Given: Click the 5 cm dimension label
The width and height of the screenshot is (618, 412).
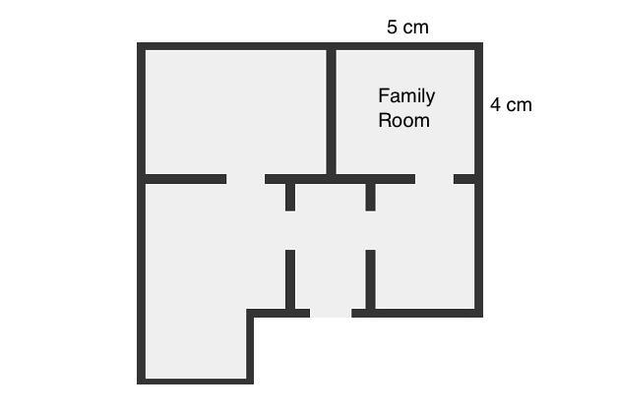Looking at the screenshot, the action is click(407, 28).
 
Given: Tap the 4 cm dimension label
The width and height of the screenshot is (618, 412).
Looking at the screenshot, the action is click(511, 105).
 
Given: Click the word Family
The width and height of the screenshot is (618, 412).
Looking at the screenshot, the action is click(406, 96).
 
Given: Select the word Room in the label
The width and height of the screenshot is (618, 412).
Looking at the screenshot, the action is click(404, 120).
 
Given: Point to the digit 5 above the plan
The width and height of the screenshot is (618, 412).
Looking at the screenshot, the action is click(392, 28).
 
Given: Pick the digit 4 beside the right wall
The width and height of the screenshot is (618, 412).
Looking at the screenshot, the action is click(495, 105).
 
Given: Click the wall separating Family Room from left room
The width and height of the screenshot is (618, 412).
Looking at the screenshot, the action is click(331, 112).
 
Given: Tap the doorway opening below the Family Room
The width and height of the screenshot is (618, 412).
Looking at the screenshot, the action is click(434, 179).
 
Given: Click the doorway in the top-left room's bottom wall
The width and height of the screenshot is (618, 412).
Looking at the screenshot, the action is click(246, 179).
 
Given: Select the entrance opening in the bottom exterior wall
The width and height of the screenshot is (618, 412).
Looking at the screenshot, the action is click(331, 313).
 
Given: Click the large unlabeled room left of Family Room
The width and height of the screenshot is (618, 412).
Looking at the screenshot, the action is click(236, 112).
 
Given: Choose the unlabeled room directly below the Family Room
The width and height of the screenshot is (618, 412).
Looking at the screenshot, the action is click(425, 246).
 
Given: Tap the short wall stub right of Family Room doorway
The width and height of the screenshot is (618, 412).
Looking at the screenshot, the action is click(463, 179).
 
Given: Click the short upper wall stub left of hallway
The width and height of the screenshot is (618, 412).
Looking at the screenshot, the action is click(290, 198).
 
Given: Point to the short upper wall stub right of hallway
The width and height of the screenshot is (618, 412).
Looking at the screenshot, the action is click(370, 198).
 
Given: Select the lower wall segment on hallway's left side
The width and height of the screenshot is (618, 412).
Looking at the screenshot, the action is click(290, 279).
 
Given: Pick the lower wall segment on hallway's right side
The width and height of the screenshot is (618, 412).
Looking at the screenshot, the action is click(370, 279).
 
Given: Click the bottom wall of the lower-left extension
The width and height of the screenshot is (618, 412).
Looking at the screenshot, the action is click(195, 382).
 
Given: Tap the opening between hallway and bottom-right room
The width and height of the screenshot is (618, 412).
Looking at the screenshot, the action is click(370, 230).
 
